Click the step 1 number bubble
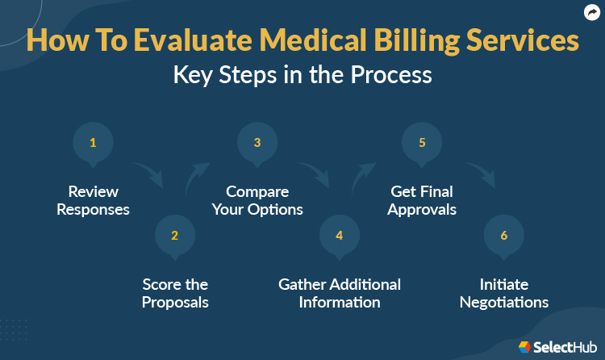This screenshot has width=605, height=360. [93, 144]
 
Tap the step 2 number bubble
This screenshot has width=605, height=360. [174, 236]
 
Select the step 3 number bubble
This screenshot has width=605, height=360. [257, 144]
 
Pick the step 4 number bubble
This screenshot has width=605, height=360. [340, 236]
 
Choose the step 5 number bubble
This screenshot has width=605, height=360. [422, 144]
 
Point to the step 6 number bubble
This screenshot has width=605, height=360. [504, 236]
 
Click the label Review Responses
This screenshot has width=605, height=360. [93, 201]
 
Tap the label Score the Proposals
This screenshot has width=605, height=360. [175, 293]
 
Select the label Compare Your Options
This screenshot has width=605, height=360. [257, 201]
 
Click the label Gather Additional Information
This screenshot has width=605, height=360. [340, 293]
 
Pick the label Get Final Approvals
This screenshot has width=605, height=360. [422, 201]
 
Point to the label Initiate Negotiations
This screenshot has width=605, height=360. [504, 293]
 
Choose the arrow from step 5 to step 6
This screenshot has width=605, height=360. [479, 174]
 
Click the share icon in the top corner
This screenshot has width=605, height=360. [591, 13]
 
